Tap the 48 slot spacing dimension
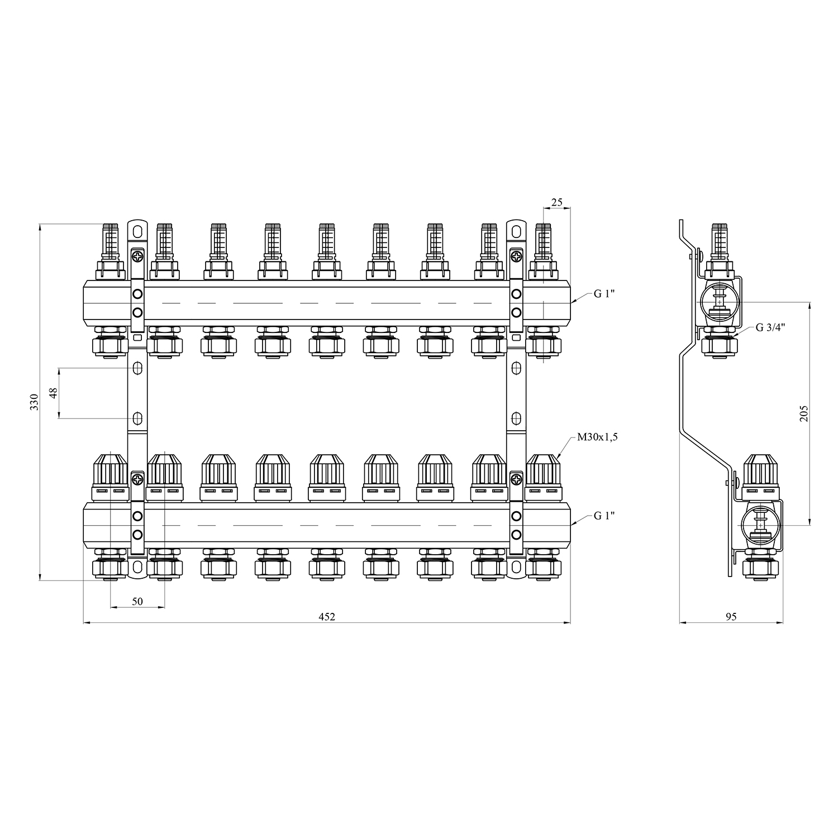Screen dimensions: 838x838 coord(54,393)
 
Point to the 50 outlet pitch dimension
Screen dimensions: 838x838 coord(137,601)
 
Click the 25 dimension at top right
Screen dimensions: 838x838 coord(556,202)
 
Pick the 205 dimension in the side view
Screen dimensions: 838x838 coord(804,413)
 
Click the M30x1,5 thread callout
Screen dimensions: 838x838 coord(598,437)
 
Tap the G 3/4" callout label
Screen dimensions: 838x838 coord(770,327)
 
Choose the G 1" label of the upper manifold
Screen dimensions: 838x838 coord(604,294)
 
